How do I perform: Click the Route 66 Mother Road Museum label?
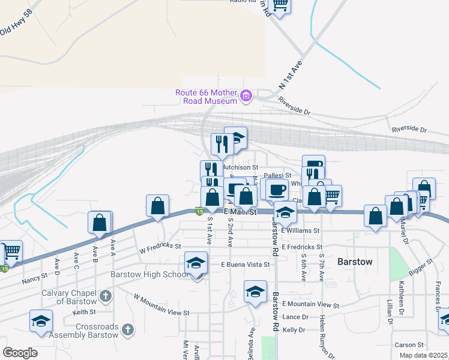click(206, 97)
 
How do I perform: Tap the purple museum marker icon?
click(245, 96)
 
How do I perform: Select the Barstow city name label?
click(355, 262)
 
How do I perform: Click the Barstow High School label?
click(149, 275)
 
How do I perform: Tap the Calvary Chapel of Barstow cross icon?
click(106, 295)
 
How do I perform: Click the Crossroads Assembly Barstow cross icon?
click(127, 329)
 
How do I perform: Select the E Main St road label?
click(240, 212)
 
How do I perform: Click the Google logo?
click(20, 352)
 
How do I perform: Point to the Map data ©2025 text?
click(424, 355)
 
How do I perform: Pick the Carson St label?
click(409, 345)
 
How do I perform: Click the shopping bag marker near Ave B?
click(100, 222)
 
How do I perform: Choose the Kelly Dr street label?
click(294, 330)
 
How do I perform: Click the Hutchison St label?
click(240, 167)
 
